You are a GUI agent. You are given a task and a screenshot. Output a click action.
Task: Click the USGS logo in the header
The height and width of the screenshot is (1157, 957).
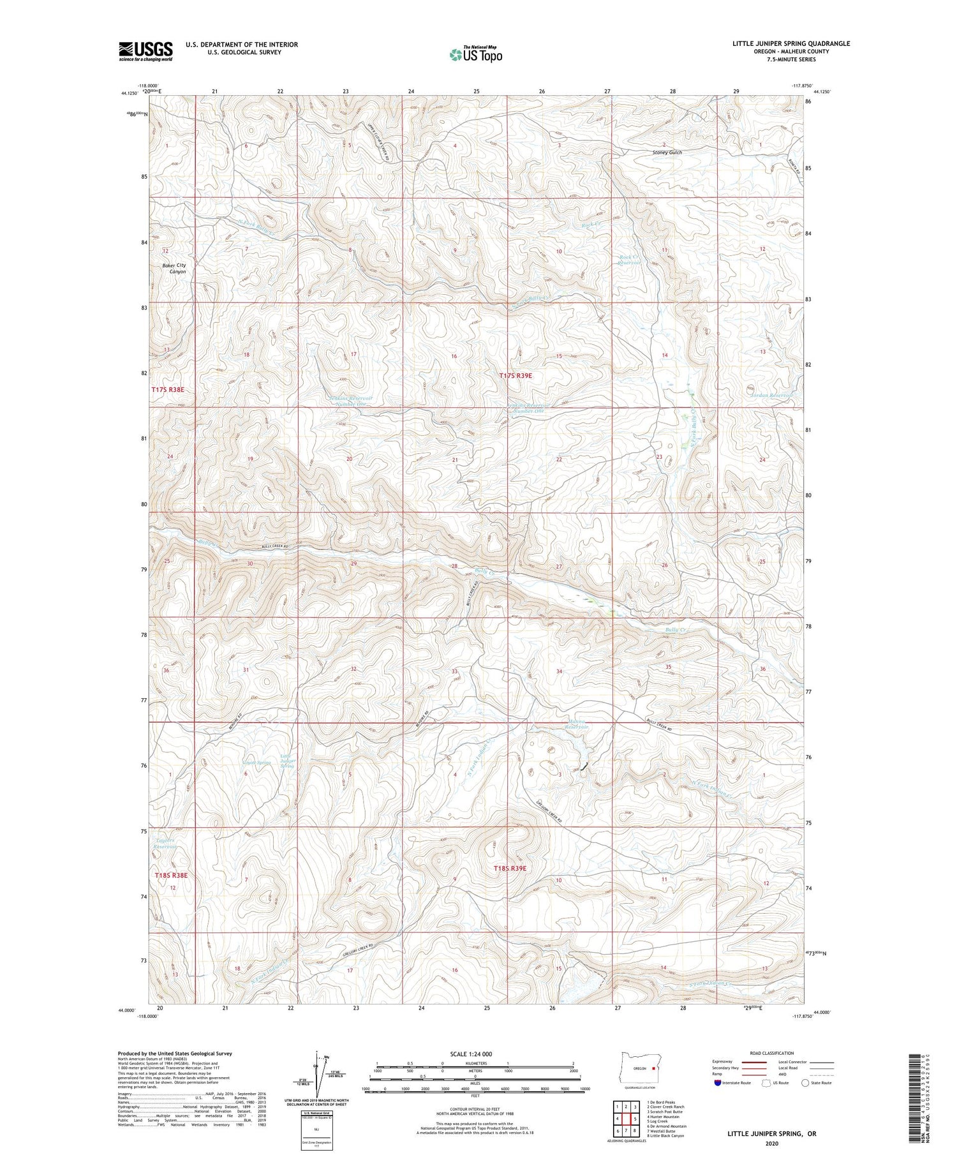(x=145, y=51)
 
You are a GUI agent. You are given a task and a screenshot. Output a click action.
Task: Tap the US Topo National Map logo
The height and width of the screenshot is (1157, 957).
(x=475, y=54)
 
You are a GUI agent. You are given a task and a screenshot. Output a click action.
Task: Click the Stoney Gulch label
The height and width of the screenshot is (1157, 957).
(x=667, y=153)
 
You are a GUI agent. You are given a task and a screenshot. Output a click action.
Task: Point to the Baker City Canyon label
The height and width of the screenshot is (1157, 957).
(x=174, y=268)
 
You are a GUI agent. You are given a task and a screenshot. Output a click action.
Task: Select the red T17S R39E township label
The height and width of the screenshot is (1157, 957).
(x=516, y=376)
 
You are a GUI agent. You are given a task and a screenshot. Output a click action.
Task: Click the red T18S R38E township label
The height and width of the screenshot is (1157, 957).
(x=171, y=875)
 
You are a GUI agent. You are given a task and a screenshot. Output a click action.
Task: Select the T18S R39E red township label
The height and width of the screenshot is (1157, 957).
(x=510, y=869)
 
